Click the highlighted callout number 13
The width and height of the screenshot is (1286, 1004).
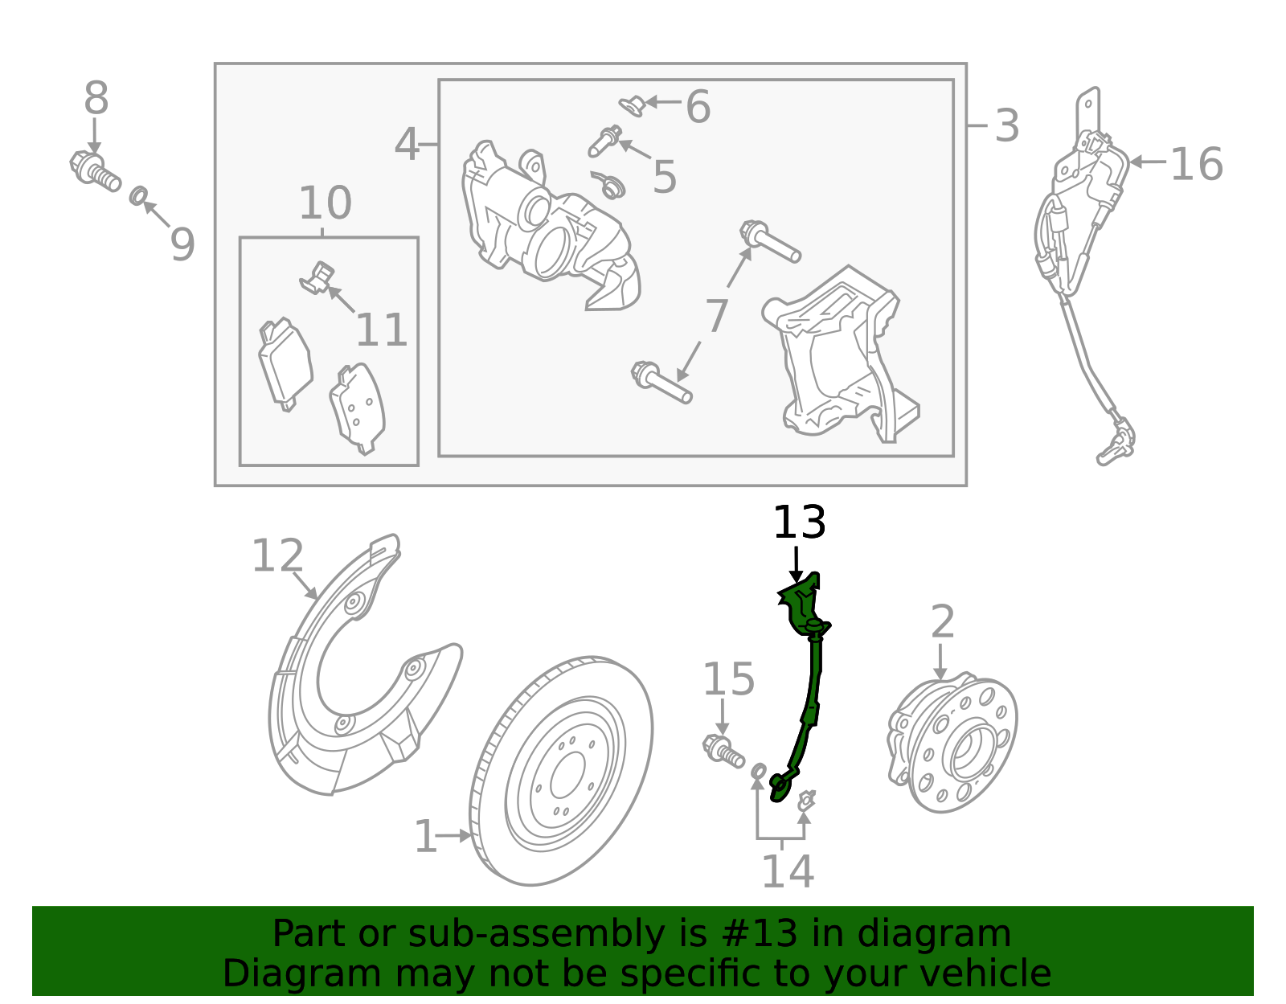tap(798, 523)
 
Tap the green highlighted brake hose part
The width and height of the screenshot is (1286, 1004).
tap(810, 683)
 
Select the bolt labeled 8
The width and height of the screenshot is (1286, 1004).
tap(94, 171)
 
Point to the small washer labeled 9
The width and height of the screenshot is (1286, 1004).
tap(138, 195)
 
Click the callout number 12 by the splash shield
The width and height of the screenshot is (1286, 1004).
tap(277, 556)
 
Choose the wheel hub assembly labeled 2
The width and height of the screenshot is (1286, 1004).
tap(952, 744)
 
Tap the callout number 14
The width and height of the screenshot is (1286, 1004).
tap(787, 871)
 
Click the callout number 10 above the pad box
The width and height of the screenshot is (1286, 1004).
tap(325, 203)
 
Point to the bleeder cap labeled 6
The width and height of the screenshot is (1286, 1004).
tap(632, 104)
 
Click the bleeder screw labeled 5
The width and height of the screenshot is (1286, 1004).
tap(604, 143)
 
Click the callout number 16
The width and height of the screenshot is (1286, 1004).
tap(1195, 165)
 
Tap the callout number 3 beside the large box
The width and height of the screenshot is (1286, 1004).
tap(1006, 126)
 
